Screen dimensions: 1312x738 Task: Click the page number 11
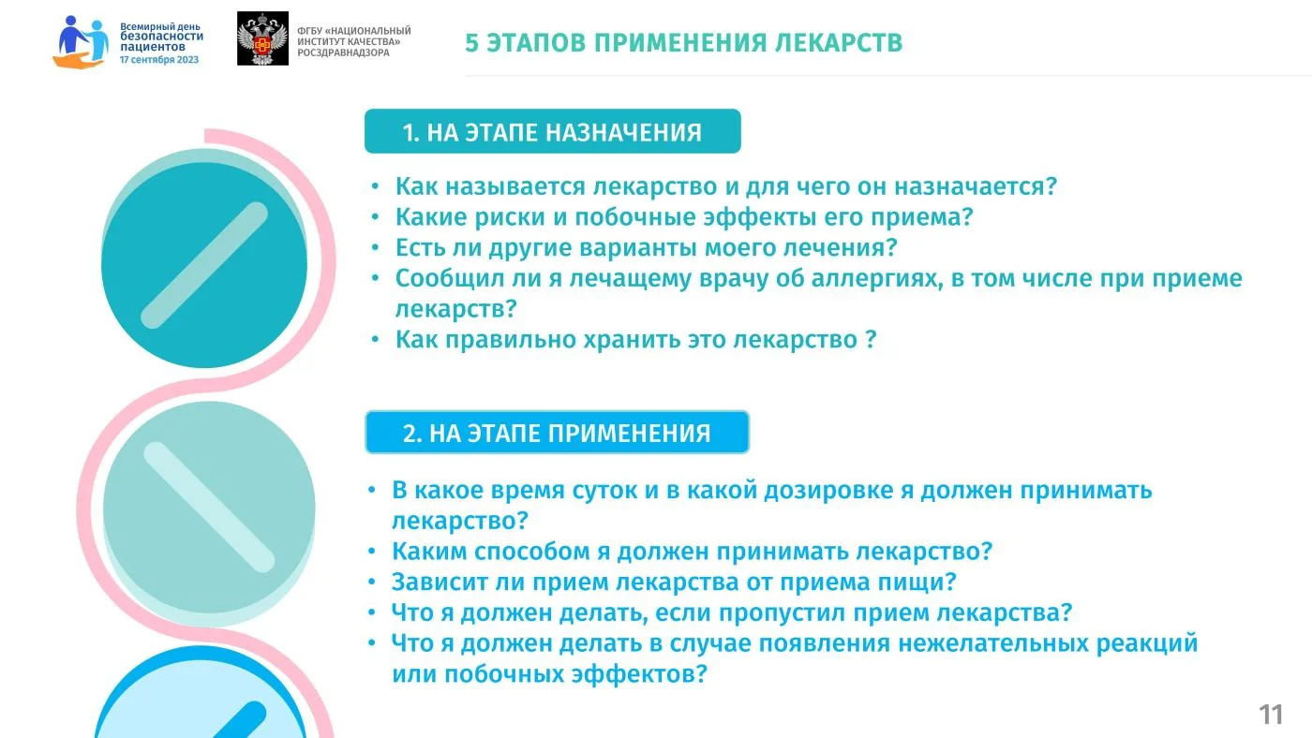[1271, 715]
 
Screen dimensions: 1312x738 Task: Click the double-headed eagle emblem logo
[262, 38]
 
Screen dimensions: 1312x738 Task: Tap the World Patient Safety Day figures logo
[81, 42]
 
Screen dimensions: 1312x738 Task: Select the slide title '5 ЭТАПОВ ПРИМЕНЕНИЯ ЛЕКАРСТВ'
[683, 43]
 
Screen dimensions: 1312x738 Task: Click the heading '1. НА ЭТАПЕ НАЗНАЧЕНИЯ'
[552, 132]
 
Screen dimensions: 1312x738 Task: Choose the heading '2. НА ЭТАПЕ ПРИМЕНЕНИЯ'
[557, 434]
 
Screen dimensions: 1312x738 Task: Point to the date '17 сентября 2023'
[159, 60]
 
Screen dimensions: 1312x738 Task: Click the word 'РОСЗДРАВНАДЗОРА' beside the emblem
[343, 52]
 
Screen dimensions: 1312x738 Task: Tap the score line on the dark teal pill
[204, 265]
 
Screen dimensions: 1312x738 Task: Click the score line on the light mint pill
[209, 507]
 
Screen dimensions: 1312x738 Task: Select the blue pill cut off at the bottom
[201, 693]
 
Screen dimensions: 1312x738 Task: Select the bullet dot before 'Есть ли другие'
[376, 247]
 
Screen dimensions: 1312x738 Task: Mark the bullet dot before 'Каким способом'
[372, 552]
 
